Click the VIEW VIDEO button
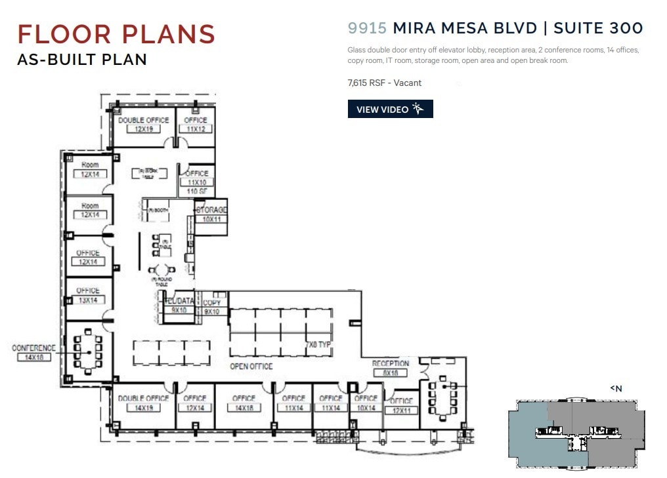pyautogui.click(x=390, y=110)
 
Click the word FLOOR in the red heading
pyautogui.click(x=65, y=34)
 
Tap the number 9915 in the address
pyautogui.click(x=368, y=28)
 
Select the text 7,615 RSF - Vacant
pyautogui.click(x=384, y=83)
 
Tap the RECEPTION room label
pyautogui.click(x=391, y=364)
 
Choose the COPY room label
pyautogui.click(x=211, y=303)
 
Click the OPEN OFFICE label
pyautogui.click(x=251, y=366)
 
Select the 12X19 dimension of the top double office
pyautogui.click(x=143, y=130)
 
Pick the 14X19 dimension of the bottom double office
pyautogui.click(x=143, y=408)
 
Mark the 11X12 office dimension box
pyautogui.click(x=196, y=130)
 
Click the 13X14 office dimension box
pyautogui.click(x=88, y=300)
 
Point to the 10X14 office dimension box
pyautogui.click(x=365, y=408)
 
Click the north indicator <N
pyautogui.click(x=616, y=389)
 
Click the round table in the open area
pyautogui.click(x=161, y=269)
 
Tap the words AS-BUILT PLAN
pyautogui.click(x=82, y=60)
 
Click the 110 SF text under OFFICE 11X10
pyautogui.click(x=197, y=191)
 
